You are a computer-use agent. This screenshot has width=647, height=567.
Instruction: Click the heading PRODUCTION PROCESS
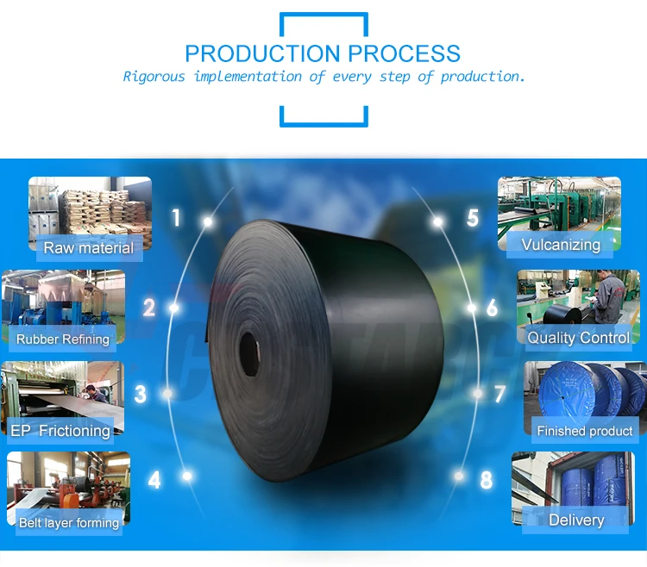point(323,53)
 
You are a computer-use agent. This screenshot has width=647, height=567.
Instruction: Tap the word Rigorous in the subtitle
point(154,77)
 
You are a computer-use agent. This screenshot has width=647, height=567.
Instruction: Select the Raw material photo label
point(89,248)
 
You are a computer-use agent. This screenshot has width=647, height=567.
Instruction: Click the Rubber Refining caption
point(63,339)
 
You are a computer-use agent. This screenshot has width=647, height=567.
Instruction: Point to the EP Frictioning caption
point(60,430)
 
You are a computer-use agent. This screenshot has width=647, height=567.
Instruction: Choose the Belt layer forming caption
point(69,522)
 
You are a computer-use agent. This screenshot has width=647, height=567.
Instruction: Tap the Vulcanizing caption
point(561,245)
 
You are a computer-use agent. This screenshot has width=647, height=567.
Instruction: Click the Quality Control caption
point(578,338)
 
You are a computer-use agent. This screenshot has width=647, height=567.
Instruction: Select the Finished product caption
point(585,430)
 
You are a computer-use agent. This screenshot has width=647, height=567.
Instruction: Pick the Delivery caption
point(576,520)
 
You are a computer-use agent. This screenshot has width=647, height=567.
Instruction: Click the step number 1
point(177,218)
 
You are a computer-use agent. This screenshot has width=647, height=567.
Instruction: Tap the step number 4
point(154,479)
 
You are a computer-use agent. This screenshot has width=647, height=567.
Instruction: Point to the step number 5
point(472,218)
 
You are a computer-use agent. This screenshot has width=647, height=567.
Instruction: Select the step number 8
point(487,479)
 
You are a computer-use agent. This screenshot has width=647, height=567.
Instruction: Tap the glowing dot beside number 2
point(174,308)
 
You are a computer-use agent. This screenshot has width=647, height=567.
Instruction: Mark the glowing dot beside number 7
point(478,394)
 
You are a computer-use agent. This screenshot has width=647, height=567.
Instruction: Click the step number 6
point(492,308)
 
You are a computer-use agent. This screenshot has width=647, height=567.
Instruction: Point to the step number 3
point(141,395)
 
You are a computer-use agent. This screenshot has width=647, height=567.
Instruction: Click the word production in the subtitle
point(482,77)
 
